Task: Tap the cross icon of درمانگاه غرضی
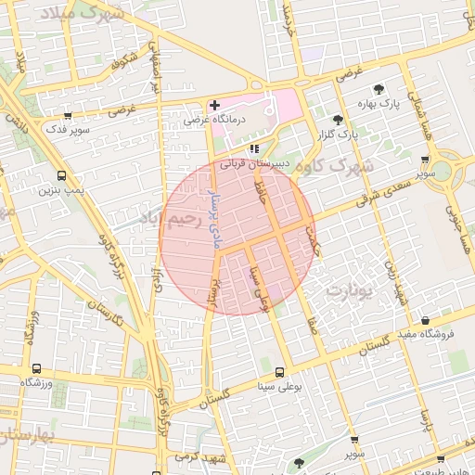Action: [215, 105]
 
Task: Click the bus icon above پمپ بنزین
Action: [61, 175]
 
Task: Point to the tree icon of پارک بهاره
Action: [379, 90]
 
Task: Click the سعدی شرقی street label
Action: [366, 197]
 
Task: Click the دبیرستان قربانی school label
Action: [265, 163]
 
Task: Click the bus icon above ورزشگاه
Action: [36, 368]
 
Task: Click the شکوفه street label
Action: [123, 65]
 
